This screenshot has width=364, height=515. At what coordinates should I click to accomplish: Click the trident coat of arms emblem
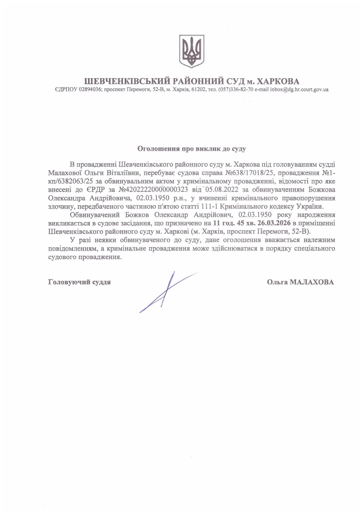(x=192, y=51)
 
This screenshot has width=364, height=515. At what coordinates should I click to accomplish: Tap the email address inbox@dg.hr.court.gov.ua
(x=299, y=90)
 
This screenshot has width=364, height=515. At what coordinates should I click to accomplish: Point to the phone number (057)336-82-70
(x=236, y=90)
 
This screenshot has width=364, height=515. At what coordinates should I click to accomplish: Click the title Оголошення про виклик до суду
(x=192, y=149)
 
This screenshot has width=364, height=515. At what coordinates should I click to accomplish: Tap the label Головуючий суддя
(x=79, y=282)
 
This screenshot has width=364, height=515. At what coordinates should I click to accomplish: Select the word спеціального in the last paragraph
(x=314, y=248)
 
